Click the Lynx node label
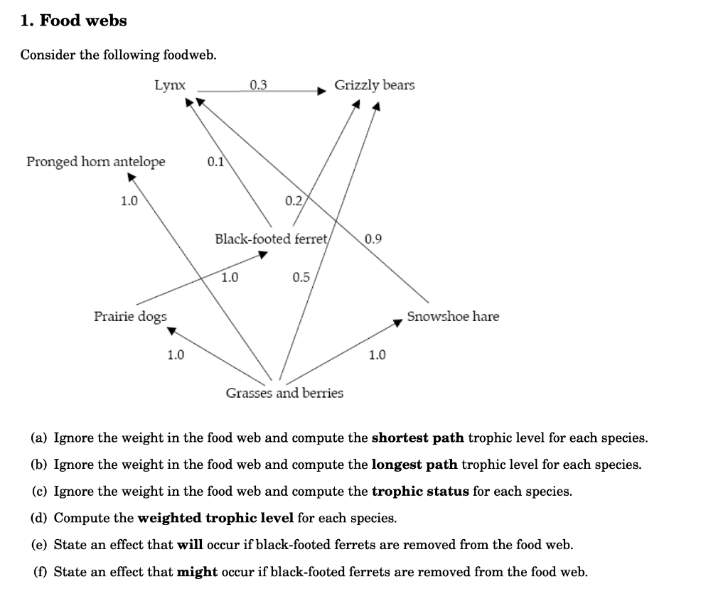tap(170, 85)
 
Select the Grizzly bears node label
tap(375, 85)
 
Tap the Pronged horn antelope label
tap(96, 162)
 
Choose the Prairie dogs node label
tap(130, 316)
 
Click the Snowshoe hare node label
tap(453, 316)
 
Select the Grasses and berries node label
tap(284, 393)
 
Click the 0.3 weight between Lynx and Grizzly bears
tap(259, 85)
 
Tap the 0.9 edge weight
tap(373, 239)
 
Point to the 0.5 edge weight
tap(301, 277)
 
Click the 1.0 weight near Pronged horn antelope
tap(129, 201)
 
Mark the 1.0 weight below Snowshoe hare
tap(377, 354)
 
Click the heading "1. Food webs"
tap(74, 21)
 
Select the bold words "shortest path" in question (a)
tap(418, 438)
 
